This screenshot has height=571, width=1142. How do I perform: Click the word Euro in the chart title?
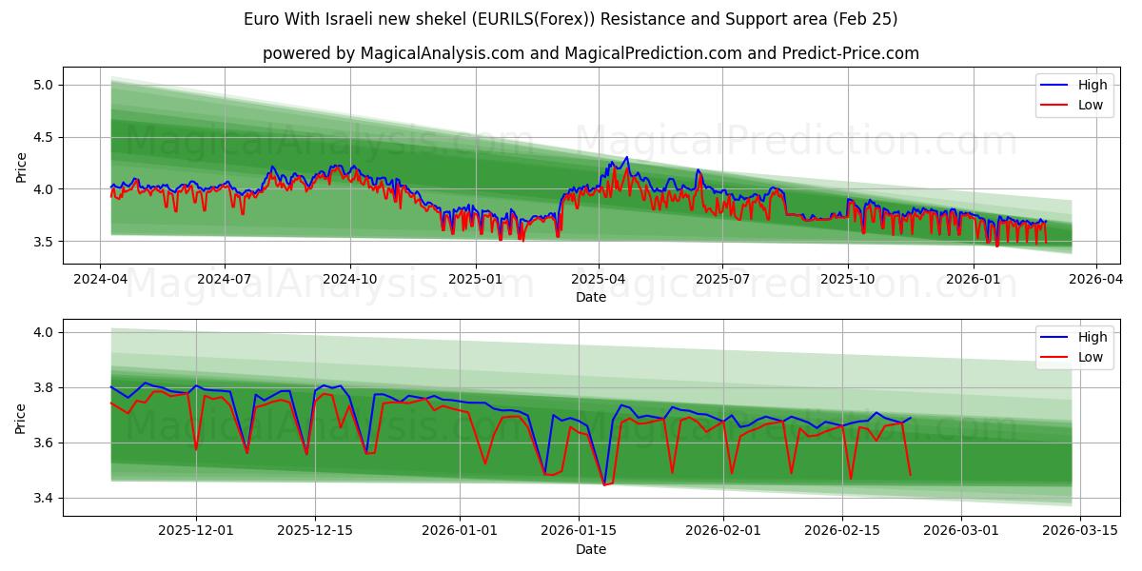click(261, 19)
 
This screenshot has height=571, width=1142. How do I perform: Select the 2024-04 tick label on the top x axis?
click(100, 280)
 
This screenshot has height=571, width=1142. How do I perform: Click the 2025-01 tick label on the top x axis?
click(474, 280)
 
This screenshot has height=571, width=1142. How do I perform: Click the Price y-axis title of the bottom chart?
click(21, 417)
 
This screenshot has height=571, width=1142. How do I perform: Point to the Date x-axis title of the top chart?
click(590, 297)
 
